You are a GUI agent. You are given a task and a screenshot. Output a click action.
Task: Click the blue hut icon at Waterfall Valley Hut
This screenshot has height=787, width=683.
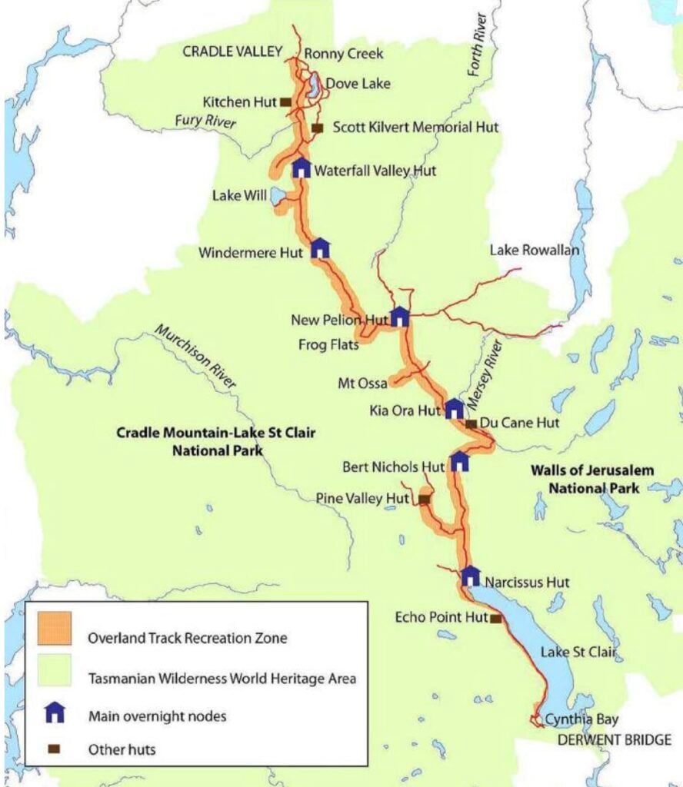[x=301, y=168]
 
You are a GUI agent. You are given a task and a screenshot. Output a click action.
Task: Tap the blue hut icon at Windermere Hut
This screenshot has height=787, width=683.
[x=320, y=247]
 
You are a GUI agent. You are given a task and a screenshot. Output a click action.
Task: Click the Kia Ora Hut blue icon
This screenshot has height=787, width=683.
[x=455, y=408]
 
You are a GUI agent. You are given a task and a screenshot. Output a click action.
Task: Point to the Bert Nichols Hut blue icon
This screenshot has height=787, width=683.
[x=459, y=461]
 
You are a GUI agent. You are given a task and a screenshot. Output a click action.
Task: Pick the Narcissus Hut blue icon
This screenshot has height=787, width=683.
[x=471, y=576]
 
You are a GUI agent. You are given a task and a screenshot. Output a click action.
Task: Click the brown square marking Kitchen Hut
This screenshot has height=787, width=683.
[x=285, y=101]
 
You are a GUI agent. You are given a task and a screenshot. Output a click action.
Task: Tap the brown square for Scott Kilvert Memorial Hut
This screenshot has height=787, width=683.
[x=317, y=128]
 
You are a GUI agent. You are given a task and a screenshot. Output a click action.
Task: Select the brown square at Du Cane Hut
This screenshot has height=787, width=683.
[x=471, y=423]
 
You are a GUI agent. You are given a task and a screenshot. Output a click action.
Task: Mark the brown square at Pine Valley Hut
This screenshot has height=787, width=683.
[x=423, y=500]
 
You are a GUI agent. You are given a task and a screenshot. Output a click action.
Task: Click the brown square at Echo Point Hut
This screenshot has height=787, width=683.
[x=495, y=618]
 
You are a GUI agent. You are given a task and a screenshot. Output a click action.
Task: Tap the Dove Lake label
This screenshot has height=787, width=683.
[x=358, y=84]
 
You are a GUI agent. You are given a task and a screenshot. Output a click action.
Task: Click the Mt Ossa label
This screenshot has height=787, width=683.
[x=362, y=383]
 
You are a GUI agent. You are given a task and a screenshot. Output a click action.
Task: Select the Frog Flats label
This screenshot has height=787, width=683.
[x=328, y=345]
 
